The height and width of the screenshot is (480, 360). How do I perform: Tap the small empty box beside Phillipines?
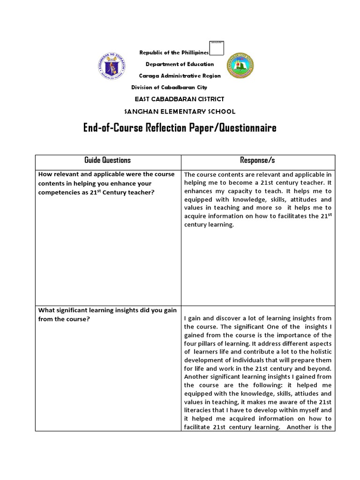coord(217,48)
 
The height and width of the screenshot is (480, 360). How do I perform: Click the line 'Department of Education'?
coord(180,64)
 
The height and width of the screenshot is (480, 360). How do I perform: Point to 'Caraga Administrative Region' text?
coord(180,75)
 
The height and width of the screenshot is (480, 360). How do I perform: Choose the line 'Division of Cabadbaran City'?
coord(169,87)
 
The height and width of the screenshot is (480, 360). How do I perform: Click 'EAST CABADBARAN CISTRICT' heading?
coord(180,99)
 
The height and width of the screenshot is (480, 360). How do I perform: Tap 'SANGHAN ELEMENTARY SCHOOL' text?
coord(180,111)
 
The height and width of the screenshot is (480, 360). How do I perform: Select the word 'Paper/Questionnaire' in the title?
coord(239,127)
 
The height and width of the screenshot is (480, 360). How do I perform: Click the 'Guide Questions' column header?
coord(107,160)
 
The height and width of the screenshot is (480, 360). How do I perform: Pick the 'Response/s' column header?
coord(257,160)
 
